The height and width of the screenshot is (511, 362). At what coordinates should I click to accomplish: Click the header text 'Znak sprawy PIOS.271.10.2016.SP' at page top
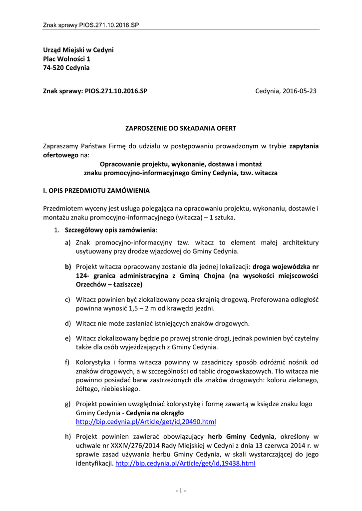pos(91,24)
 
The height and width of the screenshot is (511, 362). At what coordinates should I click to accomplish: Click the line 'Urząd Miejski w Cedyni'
pos(78,50)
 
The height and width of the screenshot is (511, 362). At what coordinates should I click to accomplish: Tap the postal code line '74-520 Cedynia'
pos(66,68)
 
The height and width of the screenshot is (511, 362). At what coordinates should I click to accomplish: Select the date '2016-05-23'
pos(299,91)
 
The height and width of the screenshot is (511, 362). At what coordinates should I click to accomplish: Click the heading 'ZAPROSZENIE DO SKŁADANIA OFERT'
pos(181,128)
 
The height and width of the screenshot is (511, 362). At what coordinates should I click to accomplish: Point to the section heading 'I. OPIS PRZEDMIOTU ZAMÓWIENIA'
pos(96,190)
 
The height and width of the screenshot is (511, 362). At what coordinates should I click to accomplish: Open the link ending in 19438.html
pos(185,463)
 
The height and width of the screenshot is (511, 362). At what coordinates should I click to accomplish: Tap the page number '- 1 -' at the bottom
pos(181,491)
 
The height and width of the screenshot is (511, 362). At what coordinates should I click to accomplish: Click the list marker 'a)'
pos(67,243)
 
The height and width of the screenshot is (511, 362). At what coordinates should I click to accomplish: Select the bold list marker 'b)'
pos(67,266)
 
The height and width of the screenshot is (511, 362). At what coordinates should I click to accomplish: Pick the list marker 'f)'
pos(67,362)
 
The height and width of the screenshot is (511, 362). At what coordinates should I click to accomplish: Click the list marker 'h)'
pos(67,436)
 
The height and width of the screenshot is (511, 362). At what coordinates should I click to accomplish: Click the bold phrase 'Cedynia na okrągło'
pos(155,413)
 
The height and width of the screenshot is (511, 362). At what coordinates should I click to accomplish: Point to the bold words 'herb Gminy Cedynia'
pos(241,436)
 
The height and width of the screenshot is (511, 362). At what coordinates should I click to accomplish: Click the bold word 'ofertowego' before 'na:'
pos(59,155)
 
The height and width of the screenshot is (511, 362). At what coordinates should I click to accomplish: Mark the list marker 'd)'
pos(67,323)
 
